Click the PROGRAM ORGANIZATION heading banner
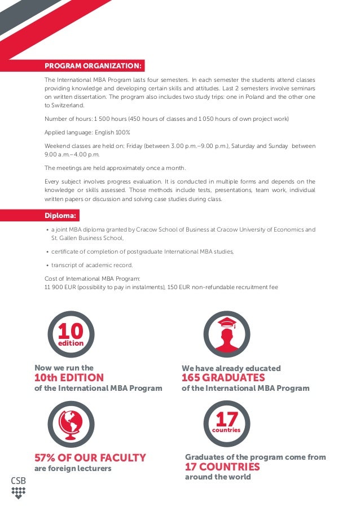(94, 66)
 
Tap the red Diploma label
(62, 216)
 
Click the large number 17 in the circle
(226, 420)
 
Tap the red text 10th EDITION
(69, 378)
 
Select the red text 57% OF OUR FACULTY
(90, 458)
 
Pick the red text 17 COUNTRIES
(222, 467)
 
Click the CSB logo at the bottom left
(19, 487)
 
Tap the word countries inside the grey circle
(226, 430)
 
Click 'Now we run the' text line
(64, 368)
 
